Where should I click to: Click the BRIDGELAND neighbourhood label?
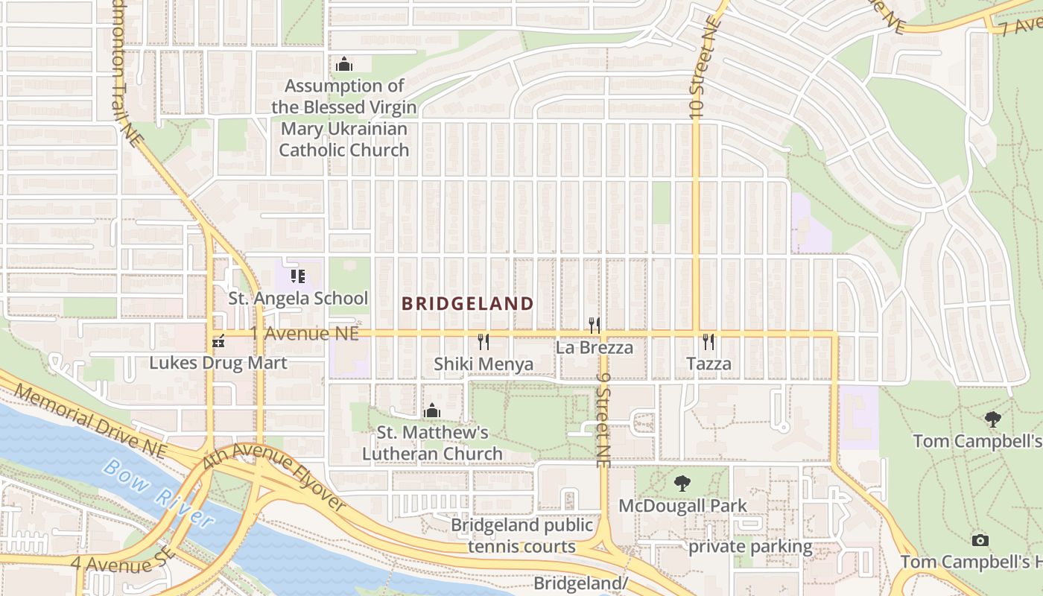pos(467,303)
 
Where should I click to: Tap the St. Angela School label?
pos(298,299)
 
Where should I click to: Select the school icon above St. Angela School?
pos(298,277)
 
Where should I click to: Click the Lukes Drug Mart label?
pos(218,364)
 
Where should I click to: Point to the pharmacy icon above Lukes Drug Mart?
pos(218,342)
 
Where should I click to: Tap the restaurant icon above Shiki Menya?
pos(484,342)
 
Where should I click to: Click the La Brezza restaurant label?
pos(595,347)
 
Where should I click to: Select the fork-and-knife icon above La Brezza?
pos(595,325)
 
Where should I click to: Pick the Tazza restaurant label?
pos(708,364)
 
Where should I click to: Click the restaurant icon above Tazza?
pos(708,342)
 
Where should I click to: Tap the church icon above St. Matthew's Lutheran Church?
pos(431,410)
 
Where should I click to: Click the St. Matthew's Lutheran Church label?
pos(432,443)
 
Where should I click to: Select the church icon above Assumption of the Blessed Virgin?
pos(343,64)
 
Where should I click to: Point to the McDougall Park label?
pos(682,506)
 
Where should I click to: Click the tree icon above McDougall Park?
pos(682,484)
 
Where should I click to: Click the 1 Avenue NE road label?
pos(304,334)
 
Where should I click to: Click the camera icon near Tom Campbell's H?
pos(980,540)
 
